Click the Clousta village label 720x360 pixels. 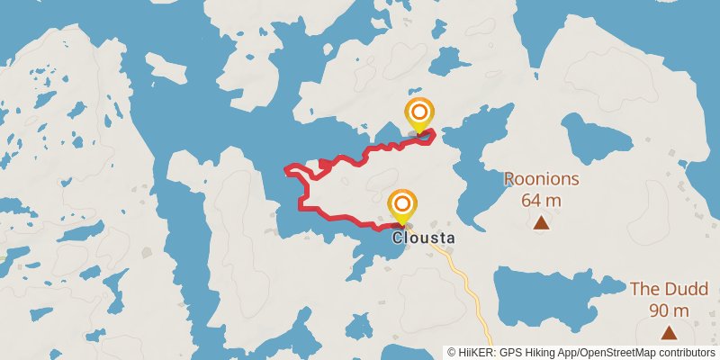(424, 238)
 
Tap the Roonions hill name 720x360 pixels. (541, 178)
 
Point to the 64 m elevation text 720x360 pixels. (541, 199)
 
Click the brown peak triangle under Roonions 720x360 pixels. (541, 222)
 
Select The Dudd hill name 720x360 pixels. (668, 290)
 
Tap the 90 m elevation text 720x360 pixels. (668, 310)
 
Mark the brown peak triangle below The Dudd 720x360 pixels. (668, 333)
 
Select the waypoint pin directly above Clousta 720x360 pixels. (402, 205)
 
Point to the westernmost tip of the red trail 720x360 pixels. (286, 168)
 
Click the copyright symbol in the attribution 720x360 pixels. (452, 352)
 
